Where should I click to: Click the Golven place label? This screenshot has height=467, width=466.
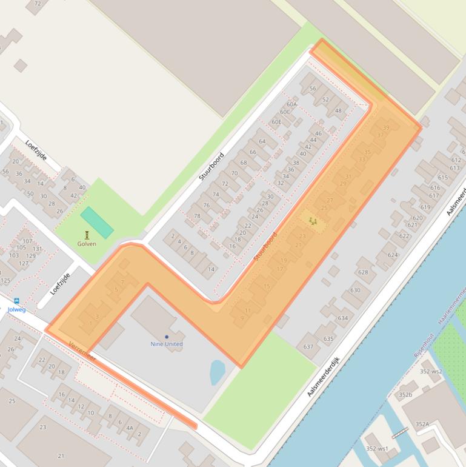(87, 244)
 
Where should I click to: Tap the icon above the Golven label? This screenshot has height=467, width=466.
(87, 235)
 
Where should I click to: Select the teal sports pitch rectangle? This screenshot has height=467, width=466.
(96, 222)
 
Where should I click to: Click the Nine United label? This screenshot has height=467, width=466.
(167, 344)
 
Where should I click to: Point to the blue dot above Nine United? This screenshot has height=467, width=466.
(167, 337)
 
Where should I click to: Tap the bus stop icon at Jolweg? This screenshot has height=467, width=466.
(16, 301)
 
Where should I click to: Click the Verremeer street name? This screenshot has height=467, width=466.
(82, 352)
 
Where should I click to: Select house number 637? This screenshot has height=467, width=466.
(308, 347)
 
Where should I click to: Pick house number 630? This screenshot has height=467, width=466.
(355, 290)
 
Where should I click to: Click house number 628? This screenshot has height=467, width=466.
(363, 272)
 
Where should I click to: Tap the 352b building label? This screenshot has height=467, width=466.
(405, 395)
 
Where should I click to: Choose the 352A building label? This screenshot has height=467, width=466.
(422, 424)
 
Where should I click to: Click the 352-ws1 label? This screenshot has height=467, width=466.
(377, 449)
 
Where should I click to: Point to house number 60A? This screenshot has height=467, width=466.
(292, 104)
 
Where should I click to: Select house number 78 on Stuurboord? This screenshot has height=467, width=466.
(197, 216)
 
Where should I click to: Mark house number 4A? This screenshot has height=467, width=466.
(129, 428)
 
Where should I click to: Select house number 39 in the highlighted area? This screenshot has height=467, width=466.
(386, 127)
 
